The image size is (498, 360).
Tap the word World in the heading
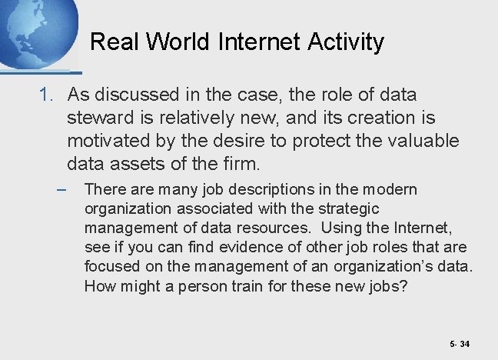(173, 42)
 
